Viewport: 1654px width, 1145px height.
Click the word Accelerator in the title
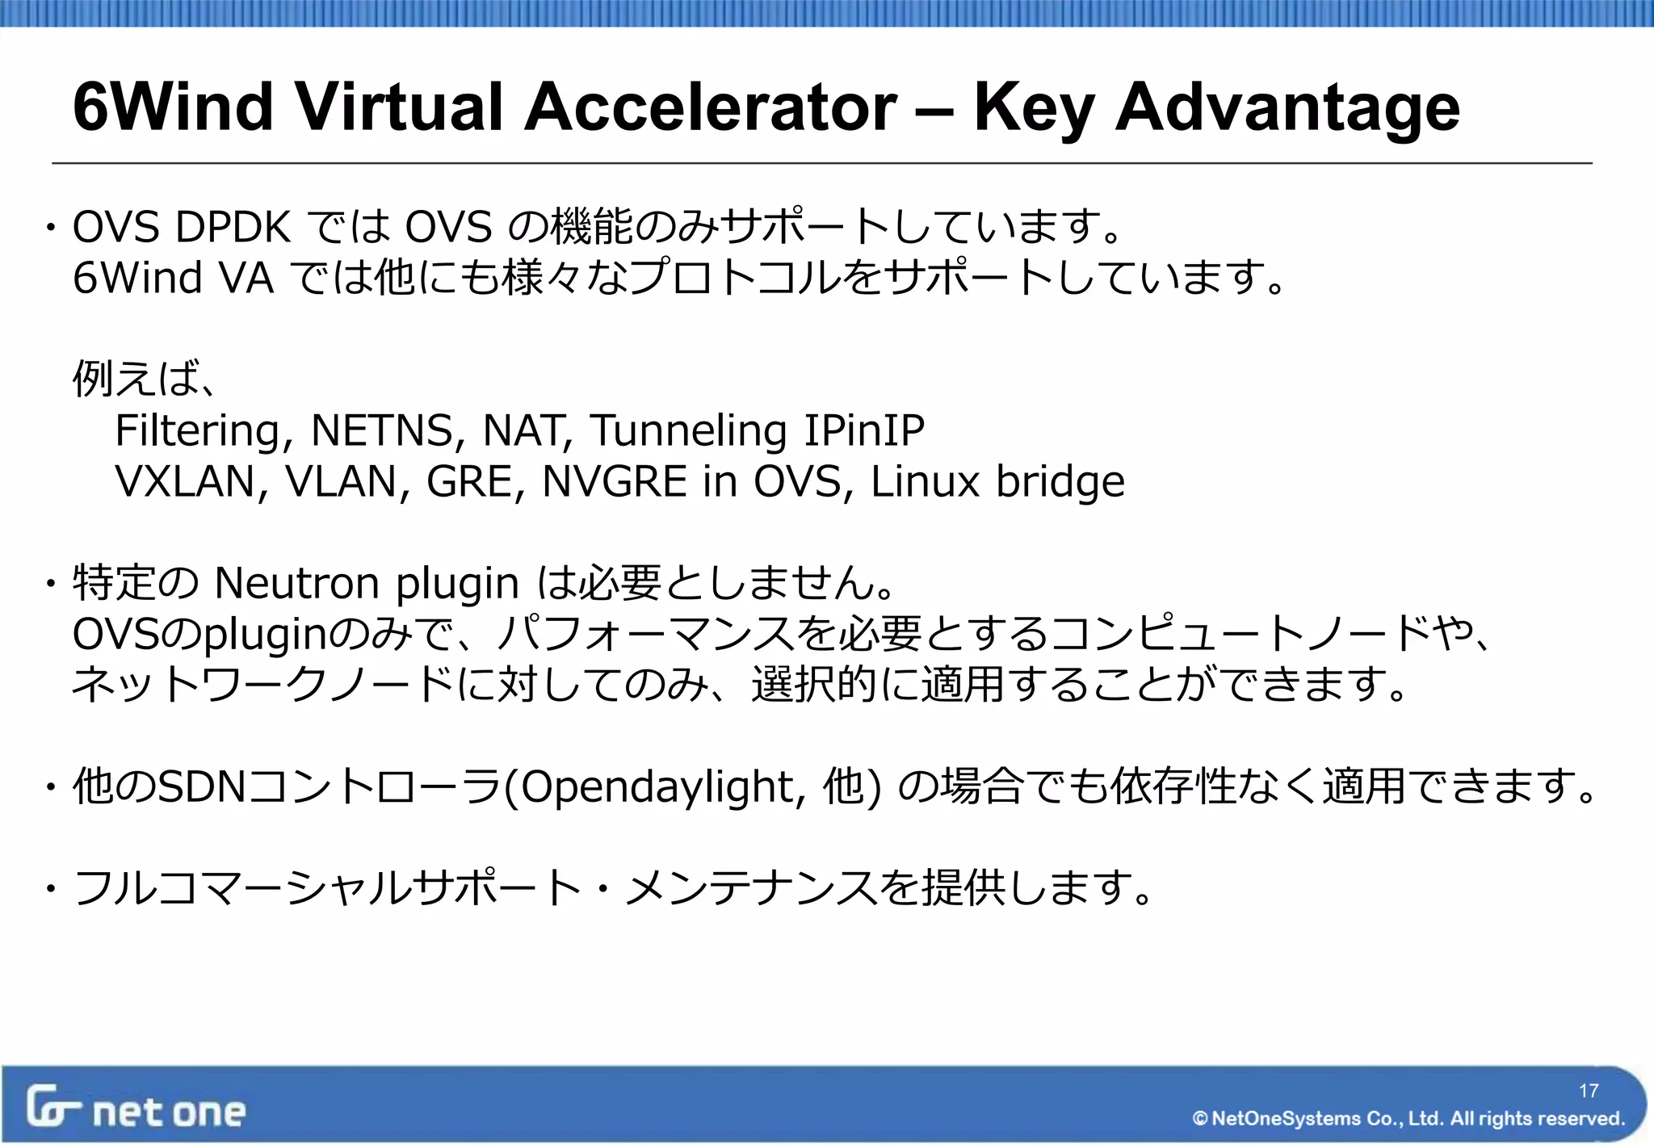click(x=710, y=107)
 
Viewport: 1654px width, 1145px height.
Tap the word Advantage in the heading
click(x=1287, y=108)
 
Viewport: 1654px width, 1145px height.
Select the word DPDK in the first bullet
click(x=233, y=227)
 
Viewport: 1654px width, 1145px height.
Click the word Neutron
click(x=297, y=583)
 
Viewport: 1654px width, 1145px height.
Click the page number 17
click(x=1589, y=1091)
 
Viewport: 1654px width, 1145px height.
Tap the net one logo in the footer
click(x=136, y=1108)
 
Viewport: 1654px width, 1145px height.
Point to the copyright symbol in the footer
click(x=1199, y=1118)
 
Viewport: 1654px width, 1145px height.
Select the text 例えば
click(x=136, y=378)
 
